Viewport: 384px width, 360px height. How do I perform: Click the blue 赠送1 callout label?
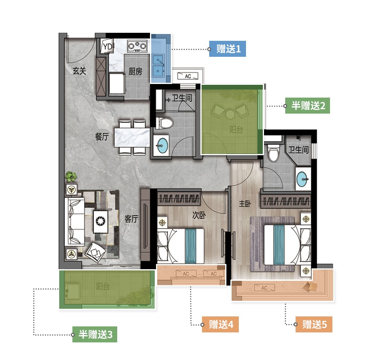click(x=228, y=49)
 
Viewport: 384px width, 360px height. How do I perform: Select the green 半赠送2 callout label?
click(x=307, y=106)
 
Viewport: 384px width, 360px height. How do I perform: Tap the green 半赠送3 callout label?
click(x=95, y=334)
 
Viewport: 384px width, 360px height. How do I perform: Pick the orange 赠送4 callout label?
click(x=220, y=324)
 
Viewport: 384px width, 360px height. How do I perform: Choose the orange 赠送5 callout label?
click(x=314, y=324)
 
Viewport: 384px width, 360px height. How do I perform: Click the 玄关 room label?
click(x=80, y=71)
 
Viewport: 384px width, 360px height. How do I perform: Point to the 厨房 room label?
click(x=136, y=72)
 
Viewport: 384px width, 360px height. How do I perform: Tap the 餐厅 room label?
click(x=102, y=136)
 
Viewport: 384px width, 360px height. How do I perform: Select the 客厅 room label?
click(x=131, y=219)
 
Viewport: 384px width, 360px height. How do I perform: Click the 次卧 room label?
click(x=199, y=215)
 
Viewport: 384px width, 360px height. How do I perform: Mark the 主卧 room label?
click(x=245, y=204)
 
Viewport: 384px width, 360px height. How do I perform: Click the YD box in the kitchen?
click(x=107, y=46)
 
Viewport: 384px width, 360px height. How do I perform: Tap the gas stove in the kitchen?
click(x=137, y=46)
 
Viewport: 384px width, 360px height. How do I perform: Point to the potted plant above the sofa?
click(x=71, y=176)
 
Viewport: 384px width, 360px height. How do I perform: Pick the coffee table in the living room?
click(x=101, y=222)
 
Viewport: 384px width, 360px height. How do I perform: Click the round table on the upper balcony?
click(x=230, y=114)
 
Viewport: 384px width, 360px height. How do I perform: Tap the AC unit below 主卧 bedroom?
click(x=264, y=288)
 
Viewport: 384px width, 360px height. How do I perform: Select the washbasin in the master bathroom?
click(x=303, y=179)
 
